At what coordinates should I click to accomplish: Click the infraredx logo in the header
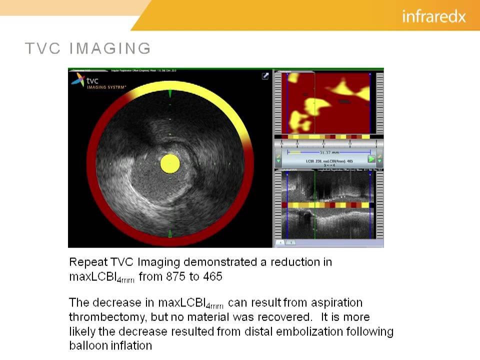click(x=433, y=16)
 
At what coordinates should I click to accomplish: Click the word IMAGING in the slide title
click(x=110, y=48)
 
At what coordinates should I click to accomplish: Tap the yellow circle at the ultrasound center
click(x=169, y=163)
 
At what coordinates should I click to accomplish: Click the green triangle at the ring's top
click(x=170, y=93)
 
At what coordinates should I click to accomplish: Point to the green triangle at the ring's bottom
click(x=170, y=233)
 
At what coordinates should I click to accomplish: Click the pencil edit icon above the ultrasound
click(x=265, y=76)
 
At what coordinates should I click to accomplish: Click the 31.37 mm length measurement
click(x=328, y=152)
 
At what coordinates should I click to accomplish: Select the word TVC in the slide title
click(x=42, y=48)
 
